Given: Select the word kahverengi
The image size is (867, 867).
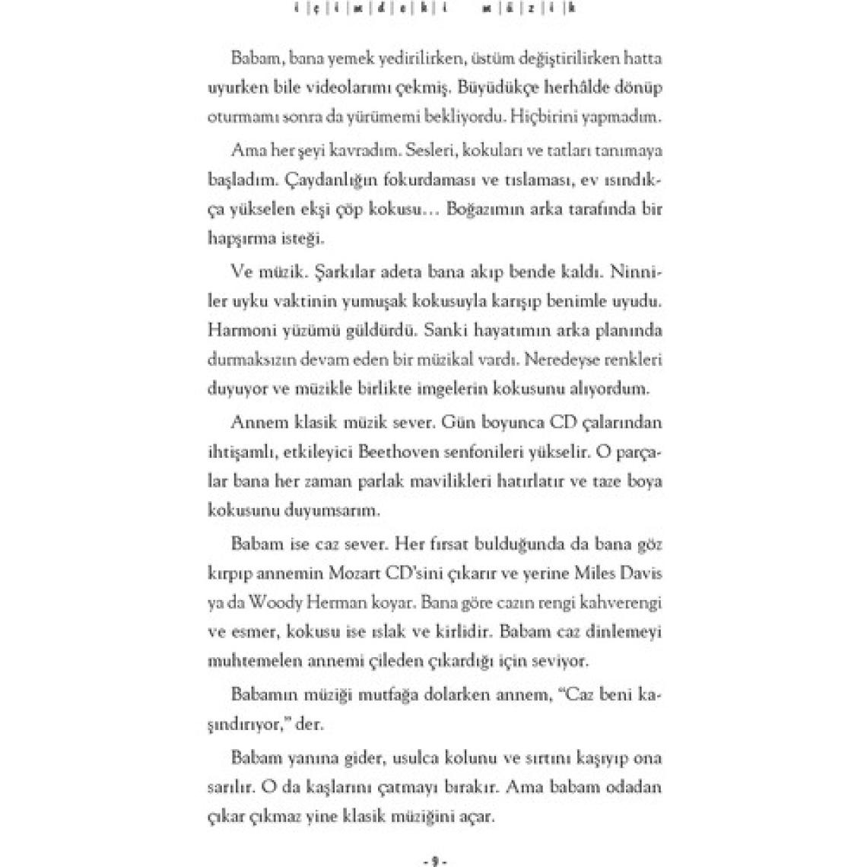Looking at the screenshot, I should tap(621, 602).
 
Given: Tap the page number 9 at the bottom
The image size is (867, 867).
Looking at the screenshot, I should tap(433, 861).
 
